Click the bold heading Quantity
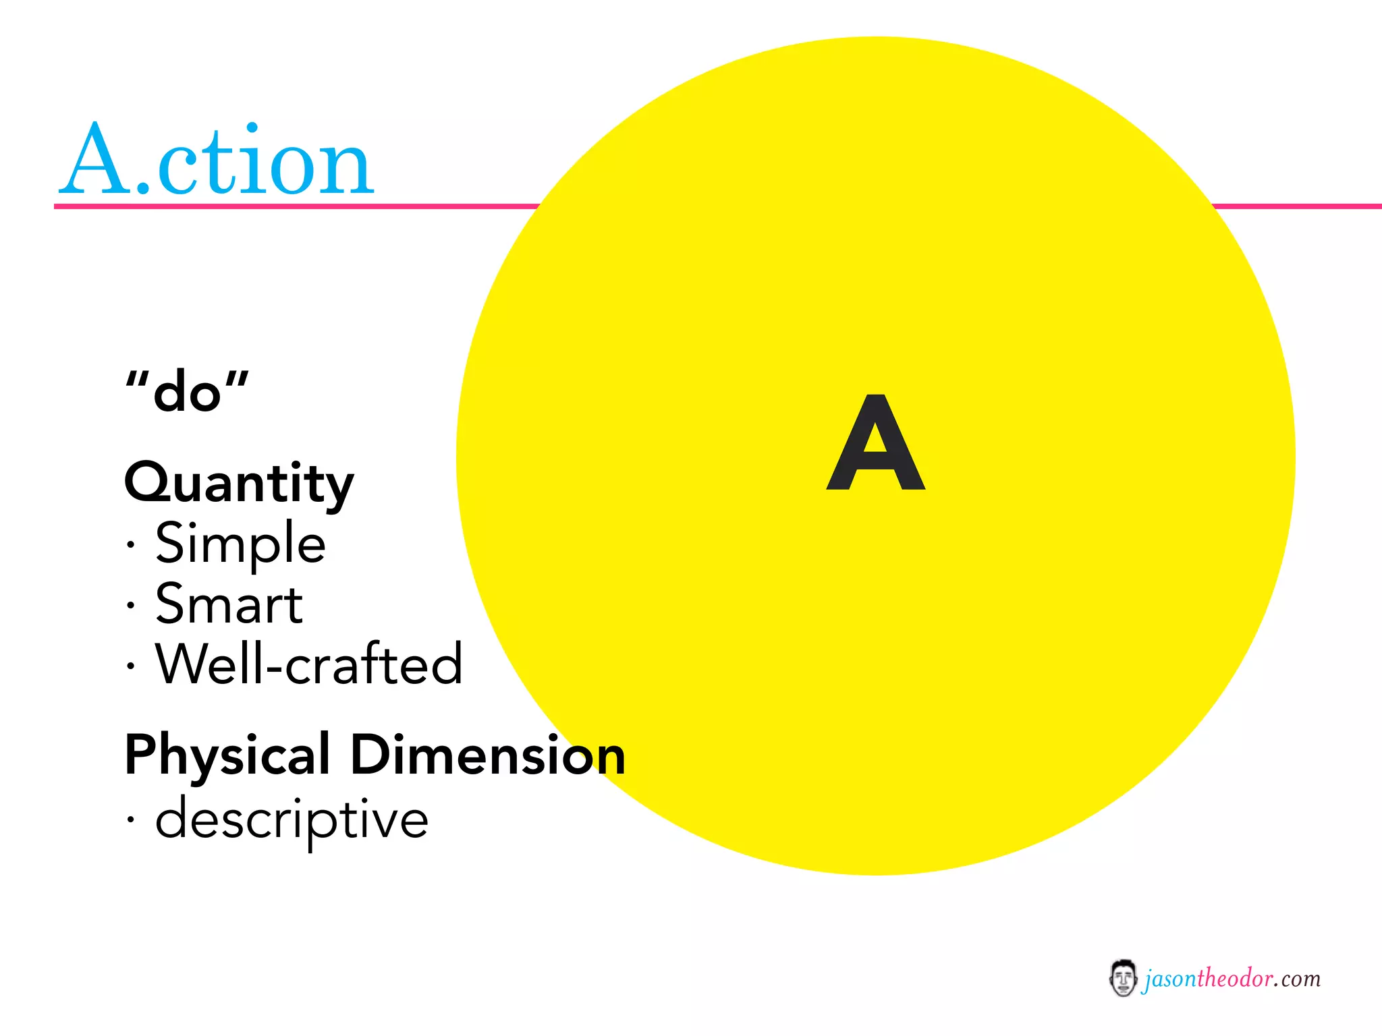(x=239, y=483)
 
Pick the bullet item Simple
(x=240, y=544)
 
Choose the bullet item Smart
(x=229, y=604)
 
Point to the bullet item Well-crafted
(x=309, y=664)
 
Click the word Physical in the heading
(x=227, y=755)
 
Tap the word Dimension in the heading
(x=488, y=755)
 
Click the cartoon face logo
(x=1123, y=978)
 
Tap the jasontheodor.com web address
(x=1232, y=979)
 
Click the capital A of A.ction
(x=96, y=160)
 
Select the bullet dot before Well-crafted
(x=131, y=666)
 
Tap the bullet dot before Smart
(x=131, y=605)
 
